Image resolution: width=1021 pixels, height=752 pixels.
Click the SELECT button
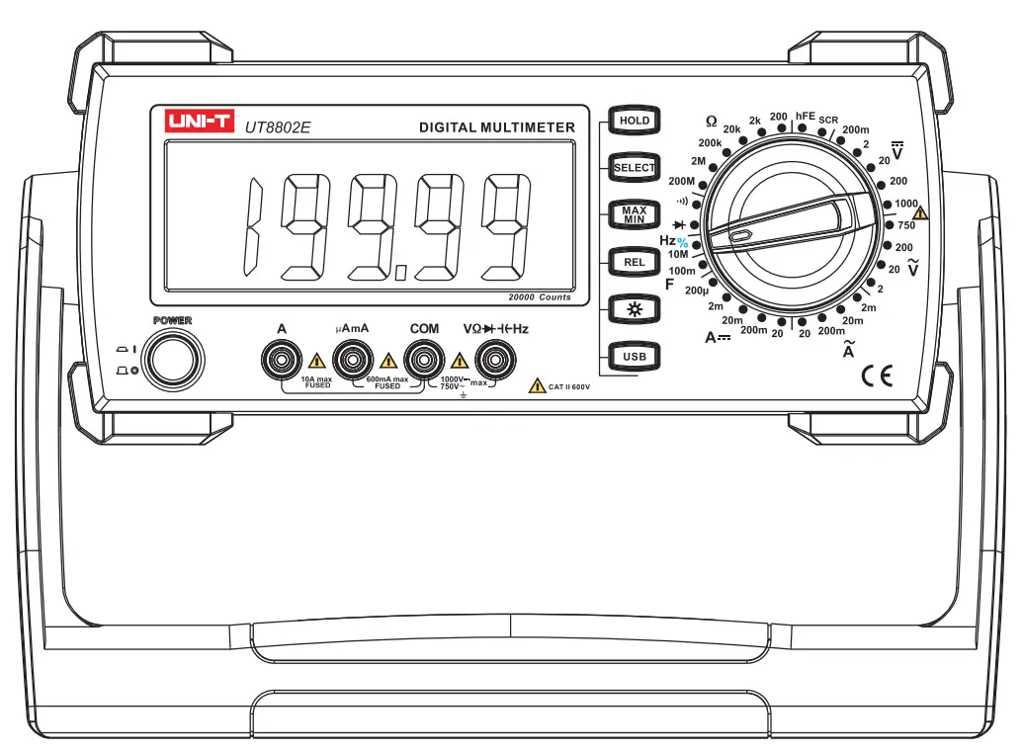[634, 168]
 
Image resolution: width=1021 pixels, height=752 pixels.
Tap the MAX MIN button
[634, 214]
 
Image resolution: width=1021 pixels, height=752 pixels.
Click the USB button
[634, 357]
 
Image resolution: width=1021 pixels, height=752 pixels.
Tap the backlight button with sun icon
[634, 309]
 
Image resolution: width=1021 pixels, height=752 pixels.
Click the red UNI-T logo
[199, 122]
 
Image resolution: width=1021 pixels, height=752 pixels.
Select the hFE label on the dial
[806, 116]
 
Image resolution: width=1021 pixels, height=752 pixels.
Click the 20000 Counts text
[540, 297]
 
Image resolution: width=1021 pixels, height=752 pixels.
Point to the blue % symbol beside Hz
[682, 243]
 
